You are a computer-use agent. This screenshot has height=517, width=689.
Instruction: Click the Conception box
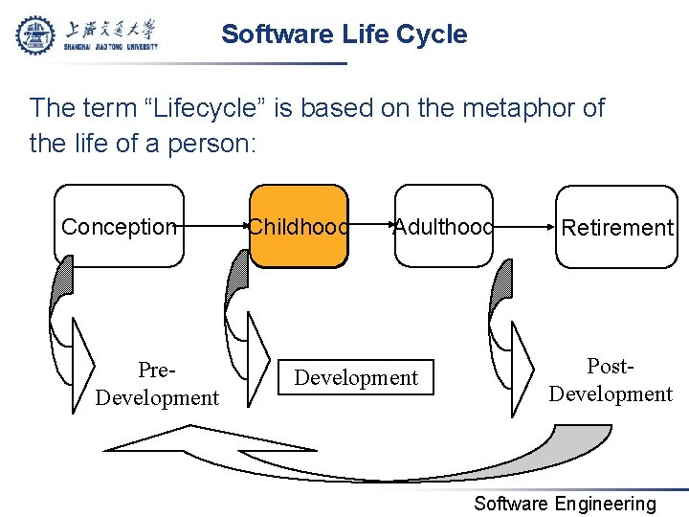(x=119, y=227)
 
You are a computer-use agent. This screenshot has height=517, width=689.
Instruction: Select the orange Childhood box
(x=299, y=227)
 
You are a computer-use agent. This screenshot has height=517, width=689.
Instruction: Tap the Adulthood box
(x=443, y=227)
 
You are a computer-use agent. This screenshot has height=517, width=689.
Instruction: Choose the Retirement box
(x=617, y=227)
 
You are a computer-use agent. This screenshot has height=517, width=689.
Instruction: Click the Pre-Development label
(x=157, y=383)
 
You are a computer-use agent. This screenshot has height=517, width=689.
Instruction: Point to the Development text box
(x=356, y=377)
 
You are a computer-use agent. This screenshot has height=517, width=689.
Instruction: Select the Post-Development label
(x=611, y=380)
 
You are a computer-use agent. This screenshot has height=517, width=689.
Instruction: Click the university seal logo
(x=36, y=34)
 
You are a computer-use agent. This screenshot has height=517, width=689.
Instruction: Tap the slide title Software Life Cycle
(x=344, y=34)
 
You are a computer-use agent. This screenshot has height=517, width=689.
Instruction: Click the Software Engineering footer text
(x=566, y=504)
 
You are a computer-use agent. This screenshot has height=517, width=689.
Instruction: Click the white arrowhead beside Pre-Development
(x=84, y=361)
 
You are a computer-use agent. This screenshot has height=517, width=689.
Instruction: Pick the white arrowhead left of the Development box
(x=258, y=359)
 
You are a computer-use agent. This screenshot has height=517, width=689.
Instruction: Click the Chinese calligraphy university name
(x=113, y=28)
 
